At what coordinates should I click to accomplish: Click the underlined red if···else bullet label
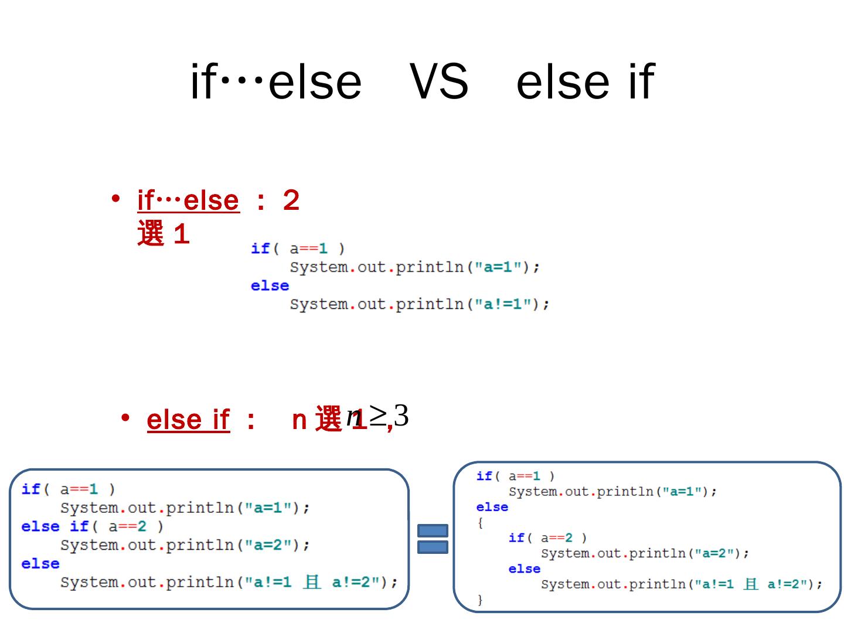[188, 200]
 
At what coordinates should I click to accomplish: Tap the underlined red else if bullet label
[188, 420]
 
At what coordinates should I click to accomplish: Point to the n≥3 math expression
[378, 416]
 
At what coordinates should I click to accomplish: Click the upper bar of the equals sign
[433, 530]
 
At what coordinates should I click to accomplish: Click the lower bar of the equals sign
[433, 547]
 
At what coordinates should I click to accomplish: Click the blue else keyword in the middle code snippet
[270, 285]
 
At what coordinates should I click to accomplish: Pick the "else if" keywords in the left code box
[55, 526]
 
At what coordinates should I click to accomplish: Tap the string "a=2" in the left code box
[268, 545]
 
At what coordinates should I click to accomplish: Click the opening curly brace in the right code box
[480, 523]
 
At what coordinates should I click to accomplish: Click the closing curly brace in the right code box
[480, 600]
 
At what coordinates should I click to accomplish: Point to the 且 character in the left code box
[312, 582]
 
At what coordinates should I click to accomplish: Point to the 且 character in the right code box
[750, 584]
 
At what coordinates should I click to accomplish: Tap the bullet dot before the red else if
[125, 418]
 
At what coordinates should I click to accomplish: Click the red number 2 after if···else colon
[291, 200]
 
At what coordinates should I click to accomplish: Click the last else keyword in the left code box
[40, 564]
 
